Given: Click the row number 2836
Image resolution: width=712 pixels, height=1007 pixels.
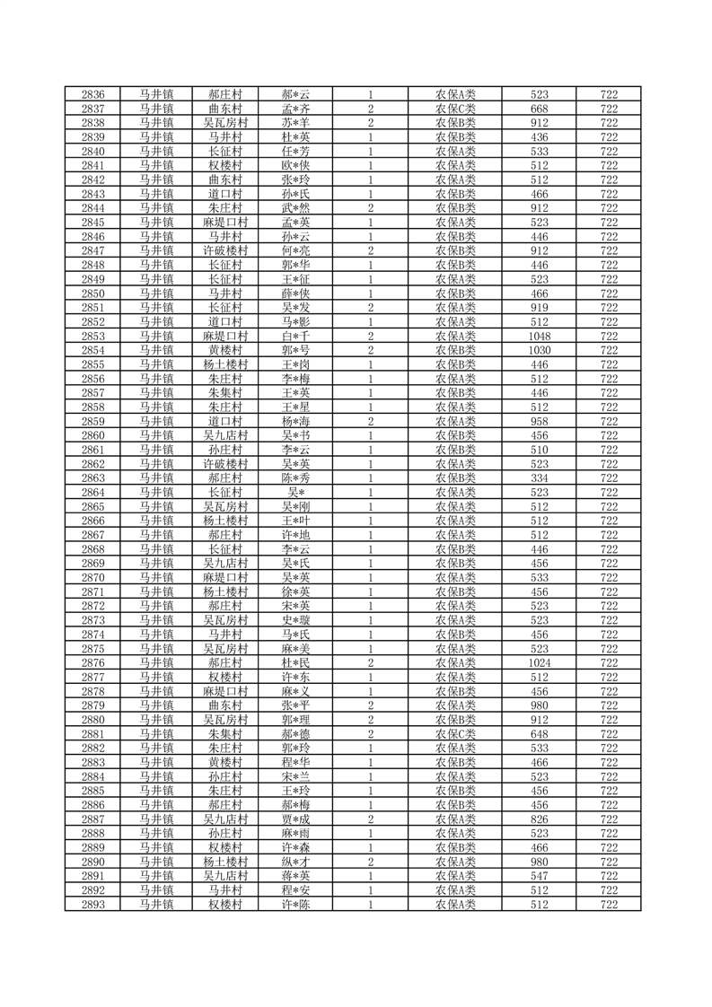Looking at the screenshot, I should pyautogui.click(x=92, y=94).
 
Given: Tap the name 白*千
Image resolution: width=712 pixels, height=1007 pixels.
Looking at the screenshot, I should pyautogui.click(x=295, y=336).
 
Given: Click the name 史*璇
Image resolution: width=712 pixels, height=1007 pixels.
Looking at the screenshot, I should pyautogui.click(x=295, y=620).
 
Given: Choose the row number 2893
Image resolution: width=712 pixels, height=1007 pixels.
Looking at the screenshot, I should pyautogui.click(x=92, y=905).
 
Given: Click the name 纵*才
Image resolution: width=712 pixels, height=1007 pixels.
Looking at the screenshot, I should pyautogui.click(x=295, y=863).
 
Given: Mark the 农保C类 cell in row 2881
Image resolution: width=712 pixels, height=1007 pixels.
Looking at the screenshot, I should pyautogui.click(x=455, y=734).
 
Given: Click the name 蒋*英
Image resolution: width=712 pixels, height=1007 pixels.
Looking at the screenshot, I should pyautogui.click(x=295, y=877).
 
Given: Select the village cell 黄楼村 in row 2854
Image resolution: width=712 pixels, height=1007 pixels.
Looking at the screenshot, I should pyautogui.click(x=225, y=350).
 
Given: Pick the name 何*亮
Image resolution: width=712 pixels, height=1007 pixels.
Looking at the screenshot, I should pyautogui.click(x=295, y=250).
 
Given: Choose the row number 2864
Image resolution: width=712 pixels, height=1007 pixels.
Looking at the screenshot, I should pyautogui.click(x=92, y=492).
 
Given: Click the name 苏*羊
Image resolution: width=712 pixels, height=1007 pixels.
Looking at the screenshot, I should pyautogui.click(x=295, y=123).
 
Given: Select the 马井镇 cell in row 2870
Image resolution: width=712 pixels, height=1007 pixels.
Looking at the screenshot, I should pyautogui.click(x=156, y=578).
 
